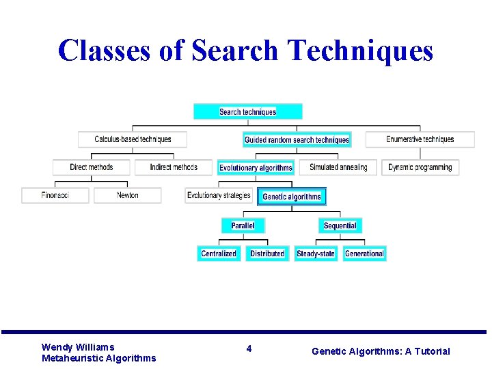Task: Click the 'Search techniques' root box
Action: click(x=247, y=111)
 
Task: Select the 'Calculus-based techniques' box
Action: click(x=133, y=139)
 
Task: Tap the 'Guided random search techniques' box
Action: click(x=297, y=139)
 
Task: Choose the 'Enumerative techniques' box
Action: click(x=420, y=139)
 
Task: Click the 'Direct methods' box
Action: click(x=92, y=167)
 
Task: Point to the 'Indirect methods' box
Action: click(x=174, y=167)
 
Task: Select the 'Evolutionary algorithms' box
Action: click(x=256, y=167)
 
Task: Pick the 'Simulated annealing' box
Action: click(x=338, y=167)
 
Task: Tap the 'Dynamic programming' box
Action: click(x=420, y=167)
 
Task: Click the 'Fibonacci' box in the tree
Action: click(x=55, y=195)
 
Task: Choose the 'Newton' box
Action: click(x=128, y=195)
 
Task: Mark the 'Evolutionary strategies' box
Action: click(x=219, y=195)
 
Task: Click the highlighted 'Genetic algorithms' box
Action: click(x=292, y=197)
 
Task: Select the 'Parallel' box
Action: click(x=243, y=225)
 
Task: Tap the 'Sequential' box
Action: click(x=340, y=225)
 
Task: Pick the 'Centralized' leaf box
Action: click(x=219, y=254)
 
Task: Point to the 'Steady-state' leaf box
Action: click(x=316, y=254)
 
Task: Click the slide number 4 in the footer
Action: click(x=249, y=348)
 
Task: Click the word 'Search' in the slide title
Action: click(x=235, y=51)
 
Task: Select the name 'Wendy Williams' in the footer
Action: click(x=78, y=347)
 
